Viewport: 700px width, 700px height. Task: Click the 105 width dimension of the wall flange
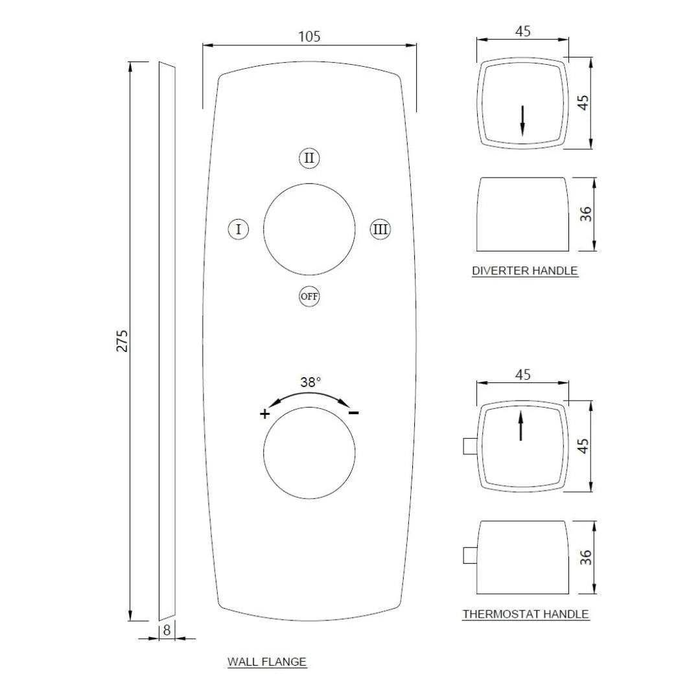309,36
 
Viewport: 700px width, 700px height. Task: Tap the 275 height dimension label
122,341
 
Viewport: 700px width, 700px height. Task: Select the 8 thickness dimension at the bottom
167,629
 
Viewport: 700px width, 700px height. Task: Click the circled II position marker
309,158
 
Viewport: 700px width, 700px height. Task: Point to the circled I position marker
239,229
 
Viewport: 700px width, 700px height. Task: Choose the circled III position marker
380,229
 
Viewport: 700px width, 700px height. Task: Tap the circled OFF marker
309,296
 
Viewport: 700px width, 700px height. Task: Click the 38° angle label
310,382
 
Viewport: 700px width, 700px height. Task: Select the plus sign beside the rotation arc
264,414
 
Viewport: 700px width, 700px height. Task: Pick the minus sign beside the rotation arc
354,413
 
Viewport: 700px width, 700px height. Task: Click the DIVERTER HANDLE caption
524,271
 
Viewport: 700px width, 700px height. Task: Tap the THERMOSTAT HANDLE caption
526,614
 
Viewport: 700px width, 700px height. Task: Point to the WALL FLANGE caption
266,662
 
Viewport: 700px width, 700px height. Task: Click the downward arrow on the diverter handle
522,121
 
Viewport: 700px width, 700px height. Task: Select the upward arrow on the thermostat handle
521,426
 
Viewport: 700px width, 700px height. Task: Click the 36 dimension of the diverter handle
586,214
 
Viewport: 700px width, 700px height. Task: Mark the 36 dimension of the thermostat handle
586,557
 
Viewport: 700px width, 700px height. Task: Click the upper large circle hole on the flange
309,229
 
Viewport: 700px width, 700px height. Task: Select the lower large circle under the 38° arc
309,454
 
